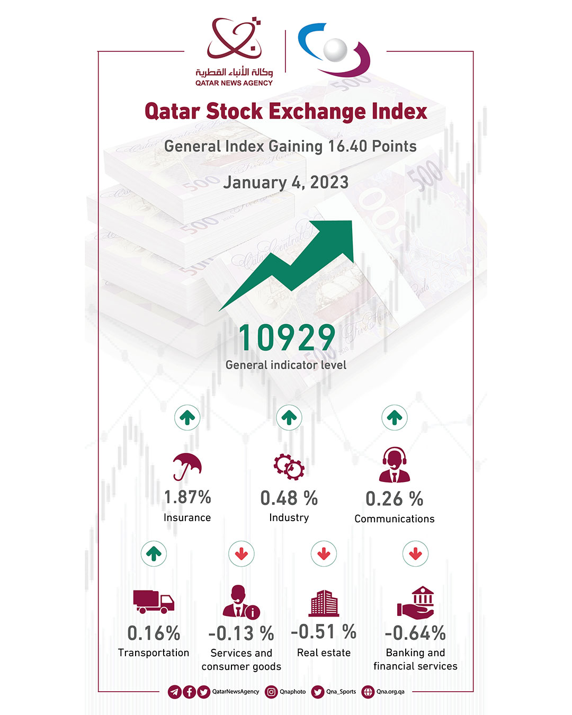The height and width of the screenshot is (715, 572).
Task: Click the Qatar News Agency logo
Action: click(234, 51)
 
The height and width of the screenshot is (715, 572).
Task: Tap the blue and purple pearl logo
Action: click(334, 50)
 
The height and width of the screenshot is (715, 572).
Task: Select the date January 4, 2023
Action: click(286, 182)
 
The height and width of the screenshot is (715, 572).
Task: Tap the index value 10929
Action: click(287, 337)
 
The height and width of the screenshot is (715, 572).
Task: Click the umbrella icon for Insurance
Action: click(187, 467)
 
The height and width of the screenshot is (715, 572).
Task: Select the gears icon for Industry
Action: click(289, 467)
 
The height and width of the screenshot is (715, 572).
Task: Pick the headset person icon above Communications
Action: click(394, 464)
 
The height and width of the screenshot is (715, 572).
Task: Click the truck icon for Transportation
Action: click(154, 601)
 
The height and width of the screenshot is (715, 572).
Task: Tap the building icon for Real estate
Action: click(324, 603)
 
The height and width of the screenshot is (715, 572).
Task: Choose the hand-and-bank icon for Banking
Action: click(415, 603)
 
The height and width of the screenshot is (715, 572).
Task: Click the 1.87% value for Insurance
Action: click(187, 497)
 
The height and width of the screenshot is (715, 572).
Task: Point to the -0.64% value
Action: click(415, 633)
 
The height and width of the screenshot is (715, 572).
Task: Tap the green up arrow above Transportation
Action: click(154, 553)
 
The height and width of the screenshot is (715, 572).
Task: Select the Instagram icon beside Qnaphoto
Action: click(271, 692)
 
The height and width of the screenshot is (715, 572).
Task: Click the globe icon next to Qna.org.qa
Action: click(368, 692)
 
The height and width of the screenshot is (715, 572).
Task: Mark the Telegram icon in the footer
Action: click(174, 692)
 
